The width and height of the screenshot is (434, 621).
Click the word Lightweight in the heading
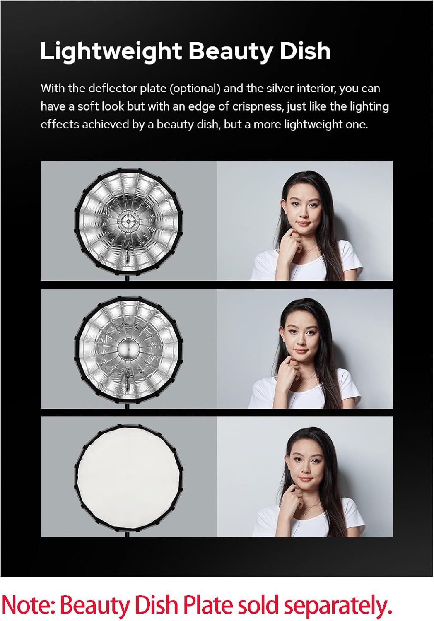[111, 51]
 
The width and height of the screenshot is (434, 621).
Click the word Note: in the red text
[29, 605]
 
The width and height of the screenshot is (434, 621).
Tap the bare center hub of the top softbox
[128, 221]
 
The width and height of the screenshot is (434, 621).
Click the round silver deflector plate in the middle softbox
[128, 350]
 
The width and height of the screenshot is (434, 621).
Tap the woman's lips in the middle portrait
[301, 351]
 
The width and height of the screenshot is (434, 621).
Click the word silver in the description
[280, 89]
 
